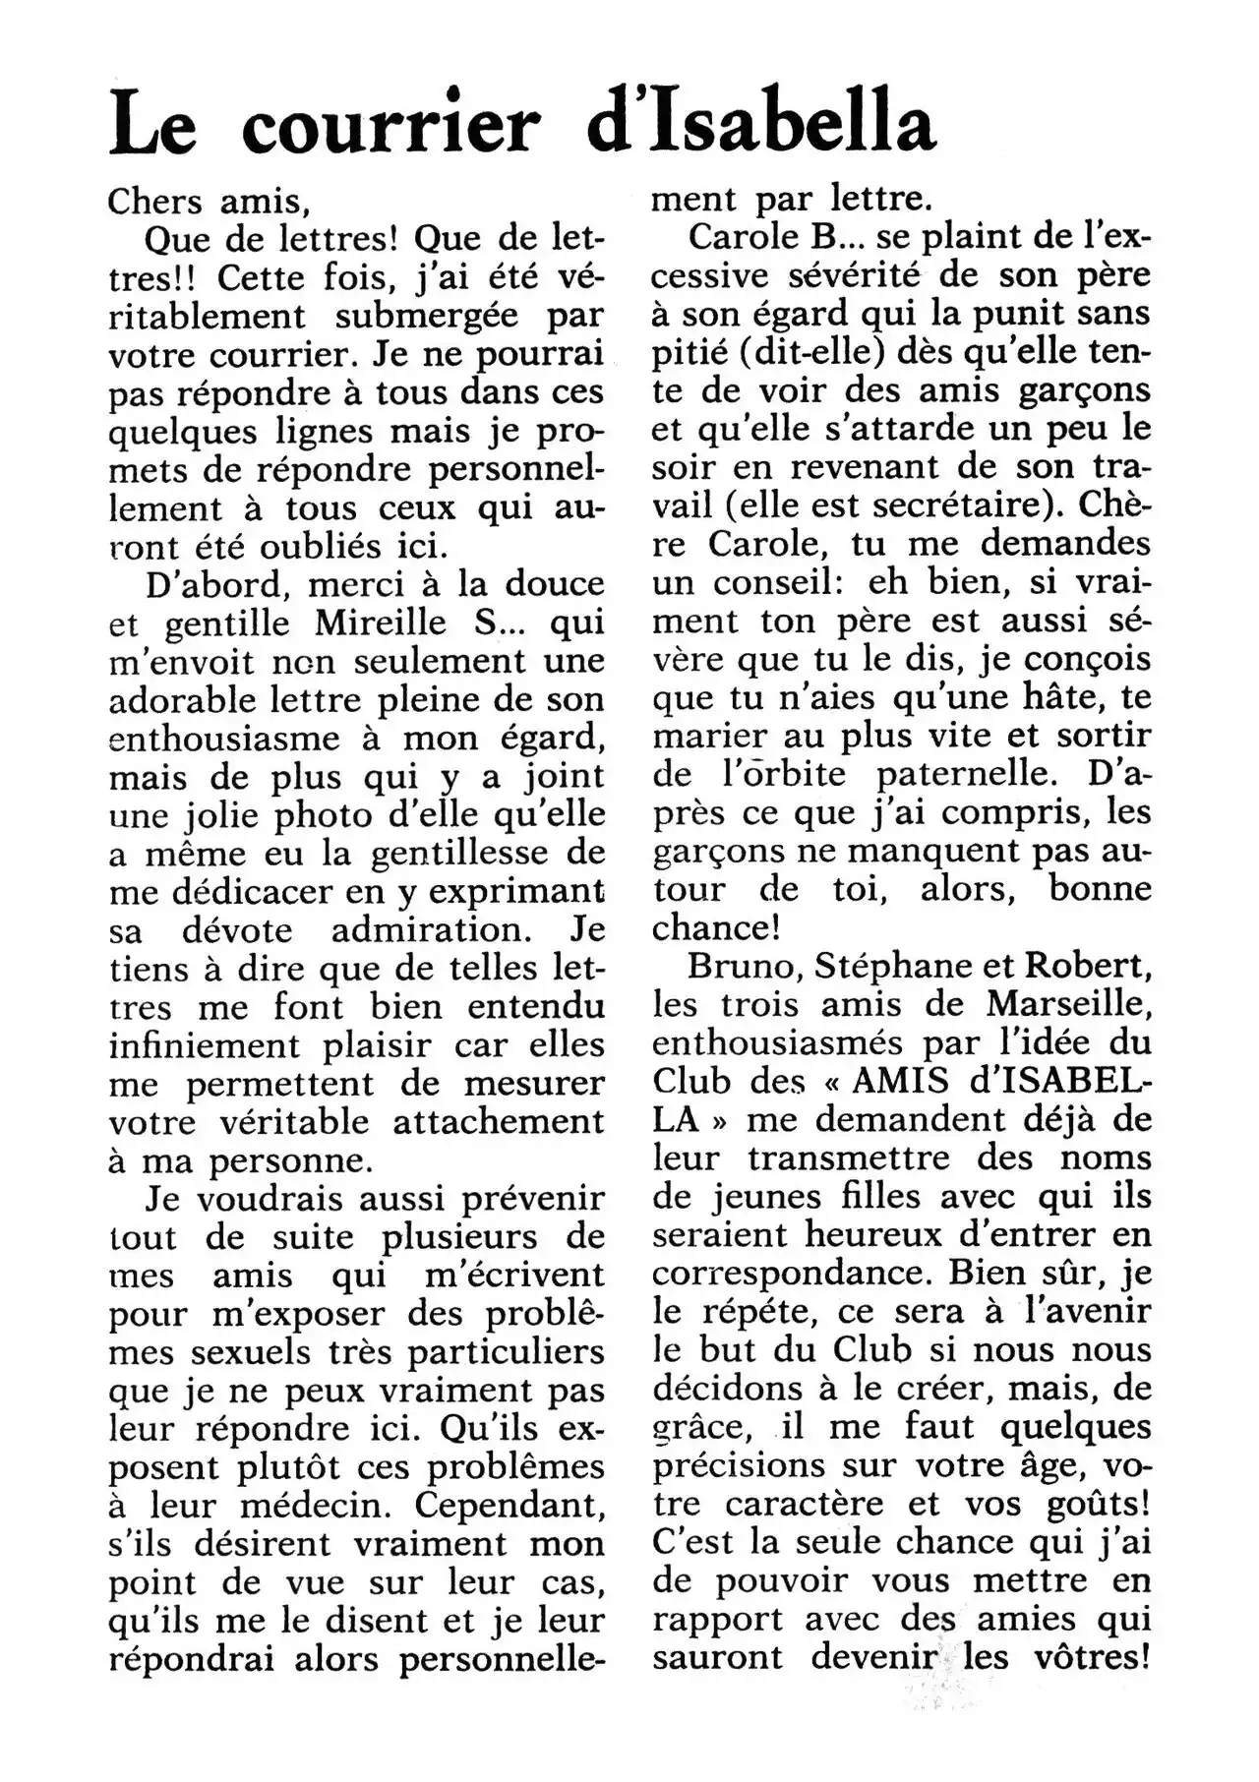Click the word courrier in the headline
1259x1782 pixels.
click(x=390, y=125)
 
